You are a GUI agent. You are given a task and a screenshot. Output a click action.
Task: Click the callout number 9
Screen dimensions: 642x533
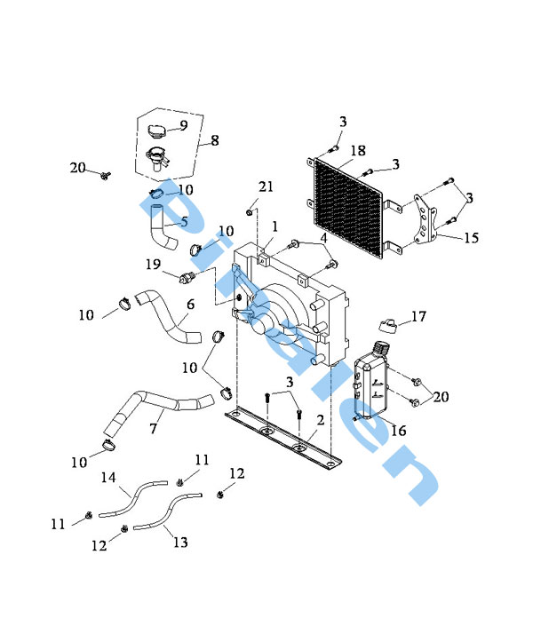tap(184, 125)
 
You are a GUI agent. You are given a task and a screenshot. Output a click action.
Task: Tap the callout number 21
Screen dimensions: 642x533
tap(266, 186)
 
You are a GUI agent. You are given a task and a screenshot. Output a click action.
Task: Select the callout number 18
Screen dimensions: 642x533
tap(357, 151)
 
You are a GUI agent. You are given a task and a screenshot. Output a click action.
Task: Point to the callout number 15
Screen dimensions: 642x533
tap(471, 238)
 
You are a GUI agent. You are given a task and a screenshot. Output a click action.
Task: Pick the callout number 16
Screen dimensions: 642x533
tap(398, 430)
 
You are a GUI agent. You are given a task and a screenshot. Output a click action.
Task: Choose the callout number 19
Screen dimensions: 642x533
tap(153, 264)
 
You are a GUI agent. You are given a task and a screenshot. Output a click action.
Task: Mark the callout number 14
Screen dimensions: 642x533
tap(107, 478)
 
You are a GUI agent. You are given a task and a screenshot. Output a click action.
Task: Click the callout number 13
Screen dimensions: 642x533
tap(180, 541)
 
